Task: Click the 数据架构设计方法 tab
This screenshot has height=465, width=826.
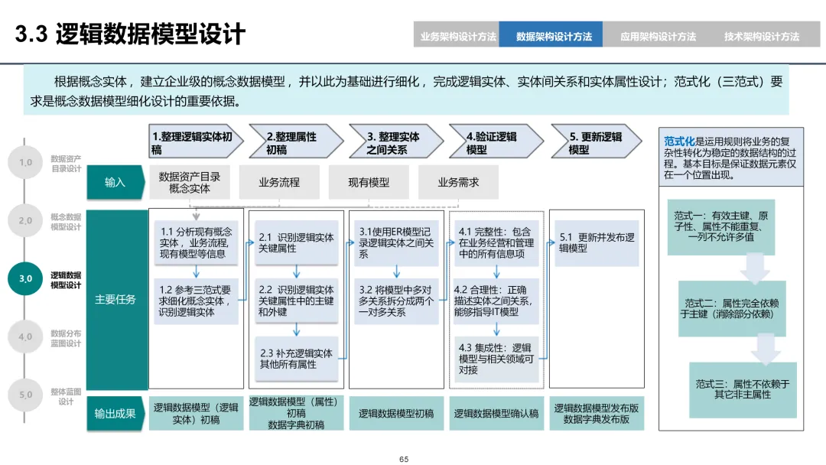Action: (x=554, y=36)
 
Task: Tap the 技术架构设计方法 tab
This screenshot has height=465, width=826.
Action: (x=761, y=36)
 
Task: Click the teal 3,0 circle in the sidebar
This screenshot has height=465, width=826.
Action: (x=25, y=278)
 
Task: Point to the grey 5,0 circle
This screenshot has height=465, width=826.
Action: (x=25, y=395)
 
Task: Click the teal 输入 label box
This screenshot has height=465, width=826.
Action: (x=115, y=182)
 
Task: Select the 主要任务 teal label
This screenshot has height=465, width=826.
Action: (x=115, y=299)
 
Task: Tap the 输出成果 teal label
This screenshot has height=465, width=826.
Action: (x=115, y=413)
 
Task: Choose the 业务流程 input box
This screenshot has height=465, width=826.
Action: (x=279, y=183)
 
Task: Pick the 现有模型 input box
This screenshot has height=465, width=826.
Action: (x=369, y=183)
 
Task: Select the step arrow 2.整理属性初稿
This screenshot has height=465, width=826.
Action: (x=294, y=143)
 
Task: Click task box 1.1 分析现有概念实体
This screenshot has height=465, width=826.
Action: (x=197, y=242)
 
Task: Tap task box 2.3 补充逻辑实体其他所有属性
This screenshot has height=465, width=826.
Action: (x=297, y=359)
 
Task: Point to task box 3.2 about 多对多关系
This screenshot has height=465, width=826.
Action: (x=395, y=301)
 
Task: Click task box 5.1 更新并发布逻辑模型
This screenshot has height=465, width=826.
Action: (x=597, y=243)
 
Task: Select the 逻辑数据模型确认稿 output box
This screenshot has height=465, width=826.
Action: (x=496, y=413)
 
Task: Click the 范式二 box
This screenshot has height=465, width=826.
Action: (x=731, y=308)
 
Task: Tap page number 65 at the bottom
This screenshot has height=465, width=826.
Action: (x=404, y=459)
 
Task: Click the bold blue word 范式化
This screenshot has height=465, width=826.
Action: (x=679, y=141)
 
